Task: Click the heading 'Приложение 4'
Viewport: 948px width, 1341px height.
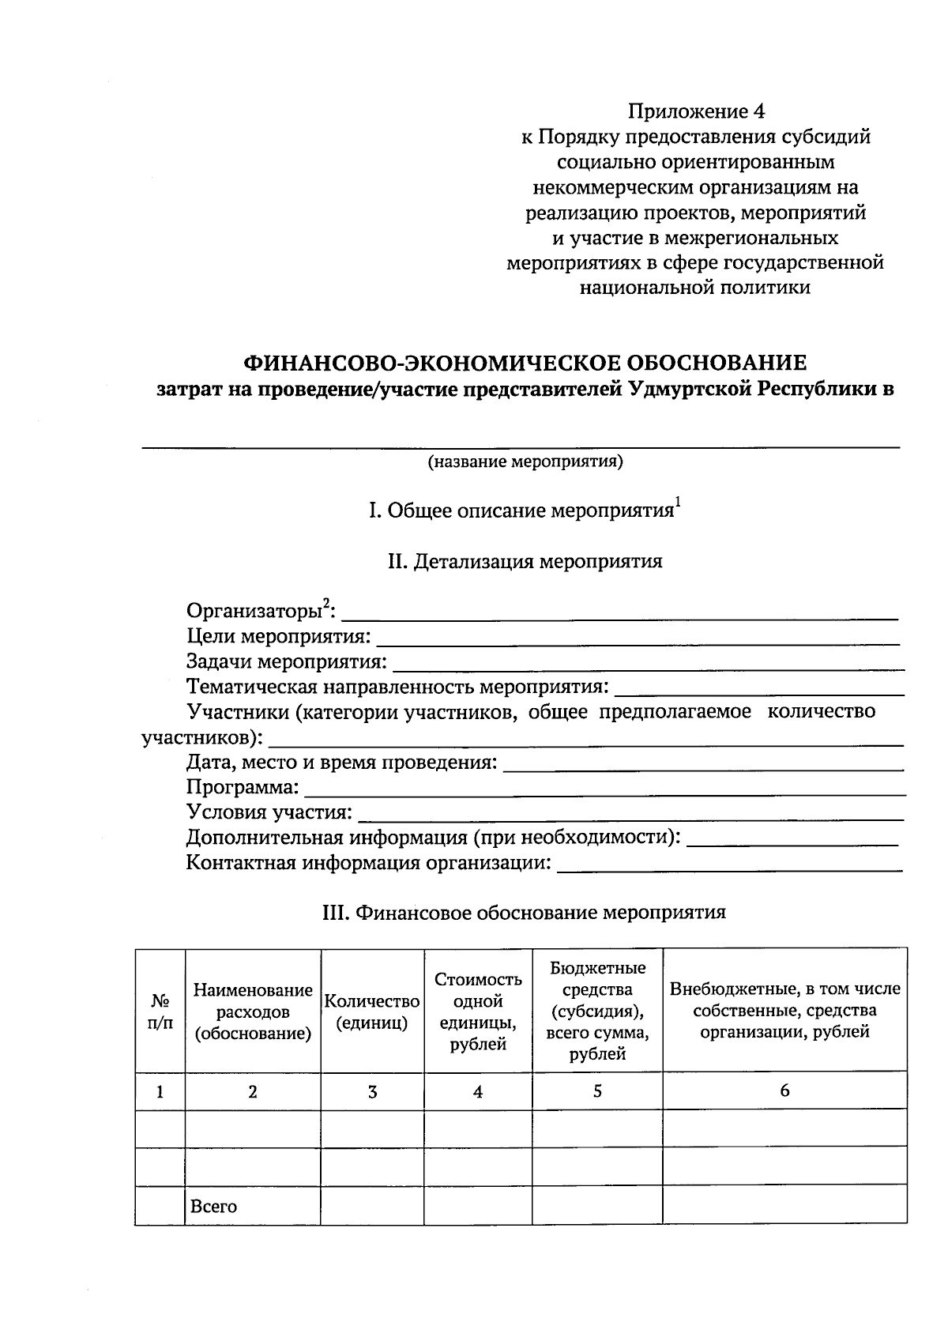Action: point(696,111)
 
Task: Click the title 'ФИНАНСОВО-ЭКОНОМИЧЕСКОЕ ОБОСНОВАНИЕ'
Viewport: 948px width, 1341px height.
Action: point(525,364)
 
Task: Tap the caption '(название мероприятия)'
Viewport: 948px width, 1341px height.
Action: point(525,461)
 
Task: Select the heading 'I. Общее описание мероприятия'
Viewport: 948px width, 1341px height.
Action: point(521,510)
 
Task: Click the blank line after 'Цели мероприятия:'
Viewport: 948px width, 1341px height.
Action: point(638,638)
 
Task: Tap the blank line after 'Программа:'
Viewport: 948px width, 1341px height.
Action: point(604,789)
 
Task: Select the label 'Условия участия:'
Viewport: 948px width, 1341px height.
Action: point(269,812)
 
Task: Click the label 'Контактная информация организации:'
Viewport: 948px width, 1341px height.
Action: point(368,862)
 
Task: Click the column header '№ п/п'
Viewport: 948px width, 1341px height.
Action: point(160,1011)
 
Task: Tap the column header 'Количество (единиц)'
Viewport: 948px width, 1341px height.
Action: point(372,1011)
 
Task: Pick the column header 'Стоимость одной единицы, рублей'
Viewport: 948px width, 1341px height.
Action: point(478,1011)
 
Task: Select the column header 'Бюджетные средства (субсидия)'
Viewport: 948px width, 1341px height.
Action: point(597,1011)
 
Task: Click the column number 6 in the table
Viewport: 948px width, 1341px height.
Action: point(784,1091)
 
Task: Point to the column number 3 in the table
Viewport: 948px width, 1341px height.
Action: point(372,1092)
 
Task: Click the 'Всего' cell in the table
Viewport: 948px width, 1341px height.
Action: point(213,1207)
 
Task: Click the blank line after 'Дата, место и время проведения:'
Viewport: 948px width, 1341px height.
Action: point(703,765)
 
